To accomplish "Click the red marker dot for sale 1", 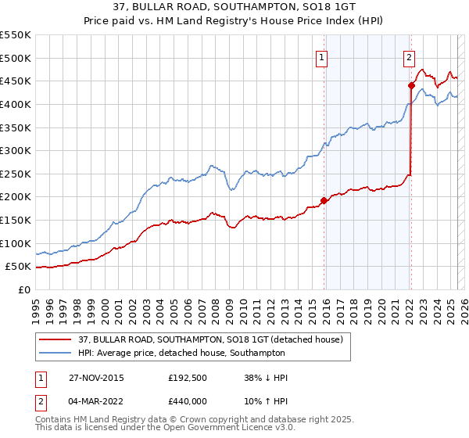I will tap(324, 199).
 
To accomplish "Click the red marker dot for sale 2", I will tap(410, 85).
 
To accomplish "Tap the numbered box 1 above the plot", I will tap(323, 56).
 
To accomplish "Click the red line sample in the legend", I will tap(55, 339).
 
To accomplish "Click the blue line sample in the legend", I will tap(55, 353).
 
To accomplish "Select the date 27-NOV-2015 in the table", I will tap(89, 378).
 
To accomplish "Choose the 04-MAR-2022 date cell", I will tap(89, 400).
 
